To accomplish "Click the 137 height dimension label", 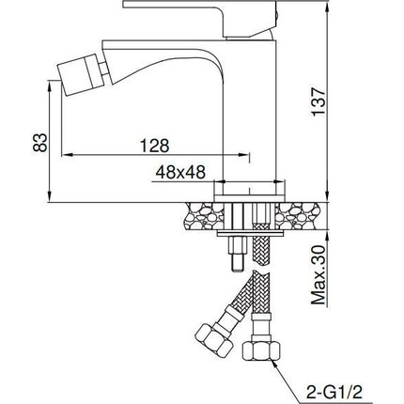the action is point(319,102).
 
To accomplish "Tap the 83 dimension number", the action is point(40,143).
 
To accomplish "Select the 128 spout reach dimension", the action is point(154,146).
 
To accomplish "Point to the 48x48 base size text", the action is point(180,172).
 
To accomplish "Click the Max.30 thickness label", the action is point(319,275).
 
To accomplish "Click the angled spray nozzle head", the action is point(80,74).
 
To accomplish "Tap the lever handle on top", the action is point(200,16).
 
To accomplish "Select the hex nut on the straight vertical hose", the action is point(261,351).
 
